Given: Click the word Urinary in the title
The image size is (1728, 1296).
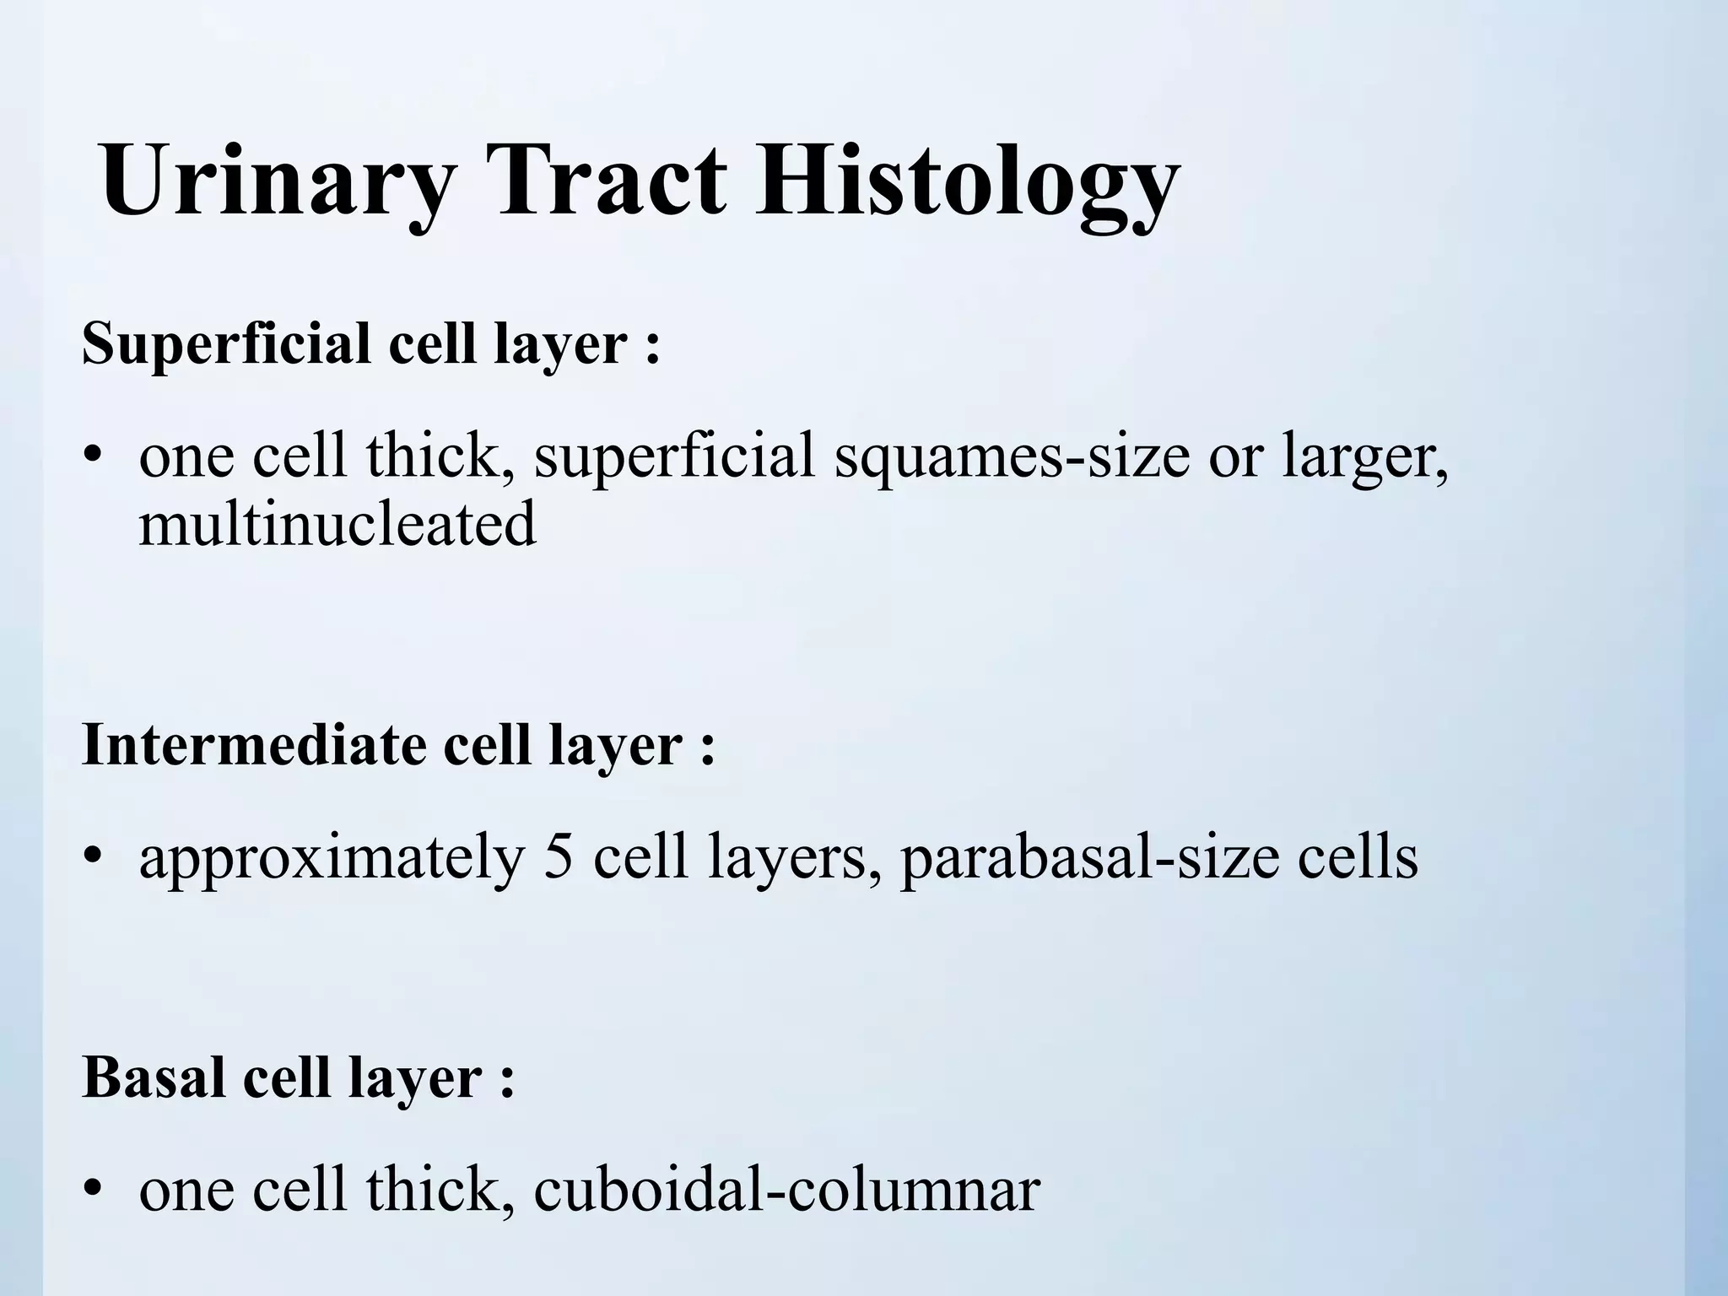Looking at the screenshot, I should (x=278, y=181).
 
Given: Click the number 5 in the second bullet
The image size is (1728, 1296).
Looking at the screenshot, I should (x=559, y=858).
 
